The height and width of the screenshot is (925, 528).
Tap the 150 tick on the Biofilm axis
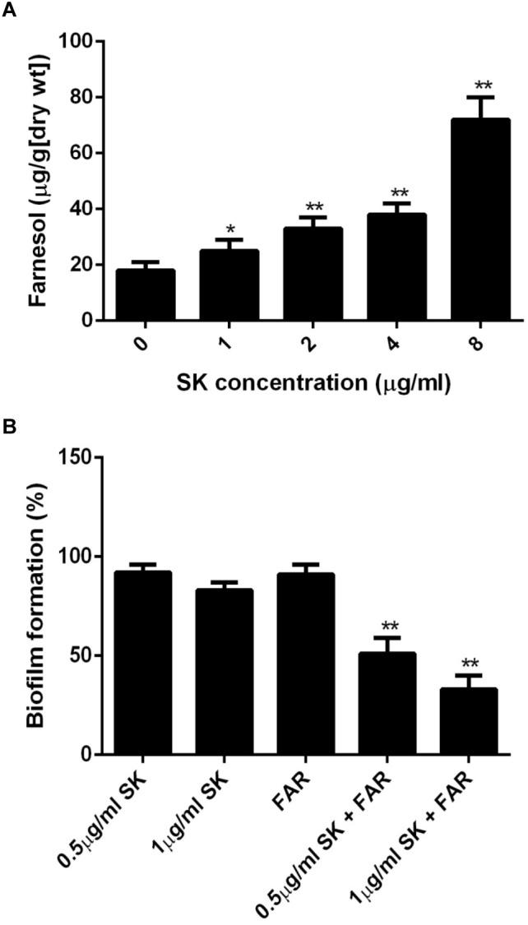pos(85,457)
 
